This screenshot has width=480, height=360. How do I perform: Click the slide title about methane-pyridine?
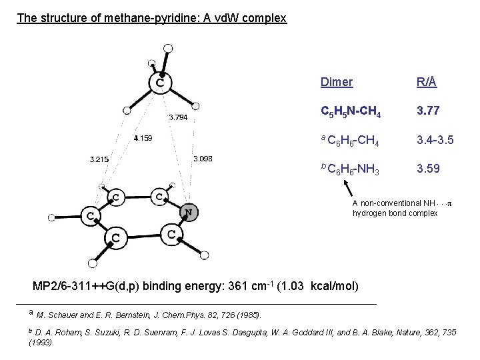tap(151, 18)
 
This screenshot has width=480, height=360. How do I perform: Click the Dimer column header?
tap(337, 83)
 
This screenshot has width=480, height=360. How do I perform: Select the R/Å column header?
tap(427, 83)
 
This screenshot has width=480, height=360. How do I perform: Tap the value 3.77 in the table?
tap(428, 111)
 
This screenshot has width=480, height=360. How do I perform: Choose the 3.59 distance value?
tap(428, 169)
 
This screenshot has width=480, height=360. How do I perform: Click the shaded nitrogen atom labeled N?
tap(189, 213)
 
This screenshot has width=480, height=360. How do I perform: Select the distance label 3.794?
tap(178, 117)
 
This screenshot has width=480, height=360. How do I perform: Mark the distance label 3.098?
tap(202, 159)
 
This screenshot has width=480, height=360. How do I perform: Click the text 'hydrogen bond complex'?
tap(395, 213)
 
